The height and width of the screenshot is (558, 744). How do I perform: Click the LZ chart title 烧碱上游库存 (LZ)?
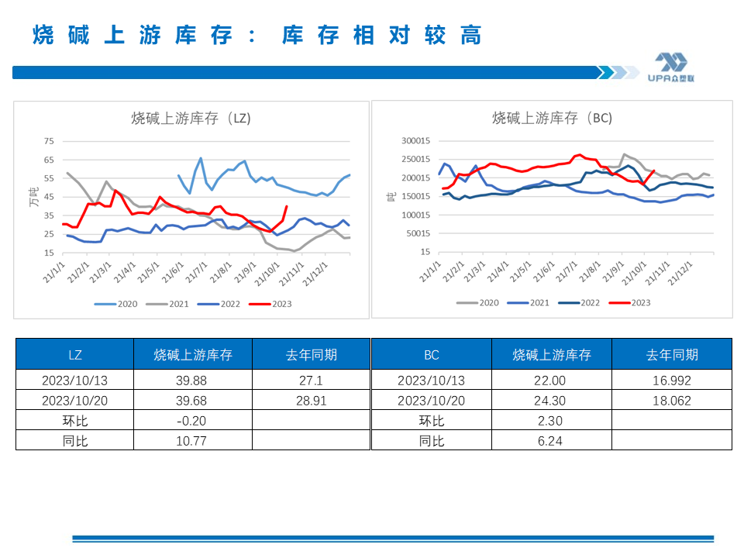tap(191, 119)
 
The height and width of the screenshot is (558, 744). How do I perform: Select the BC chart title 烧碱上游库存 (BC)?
tap(552, 119)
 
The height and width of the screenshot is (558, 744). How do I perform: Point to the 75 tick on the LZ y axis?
tap(49, 141)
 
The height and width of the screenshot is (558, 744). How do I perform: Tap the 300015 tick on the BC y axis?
tap(414, 141)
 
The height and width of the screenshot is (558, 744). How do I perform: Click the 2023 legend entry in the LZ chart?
tap(272, 304)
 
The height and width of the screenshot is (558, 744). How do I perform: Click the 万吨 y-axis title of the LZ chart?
tap(33, 197)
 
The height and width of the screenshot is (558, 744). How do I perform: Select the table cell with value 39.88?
tap(193, 381)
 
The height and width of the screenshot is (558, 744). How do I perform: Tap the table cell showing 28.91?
tap(312, 401)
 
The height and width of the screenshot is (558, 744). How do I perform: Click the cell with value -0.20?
tap(193, 421)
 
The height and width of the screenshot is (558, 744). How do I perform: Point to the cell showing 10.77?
tap(193, 441)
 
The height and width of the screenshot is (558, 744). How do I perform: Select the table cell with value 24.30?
tap(551, 401)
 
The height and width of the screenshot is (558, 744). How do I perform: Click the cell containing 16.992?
tap(671, 381)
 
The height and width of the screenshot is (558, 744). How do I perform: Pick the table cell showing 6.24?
tap(551, 441)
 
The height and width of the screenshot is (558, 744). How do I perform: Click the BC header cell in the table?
tap(432, 355)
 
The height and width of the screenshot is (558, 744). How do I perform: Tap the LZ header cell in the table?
tap(75, 355)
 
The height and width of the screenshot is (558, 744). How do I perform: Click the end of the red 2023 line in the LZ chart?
tap(288, 206)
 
